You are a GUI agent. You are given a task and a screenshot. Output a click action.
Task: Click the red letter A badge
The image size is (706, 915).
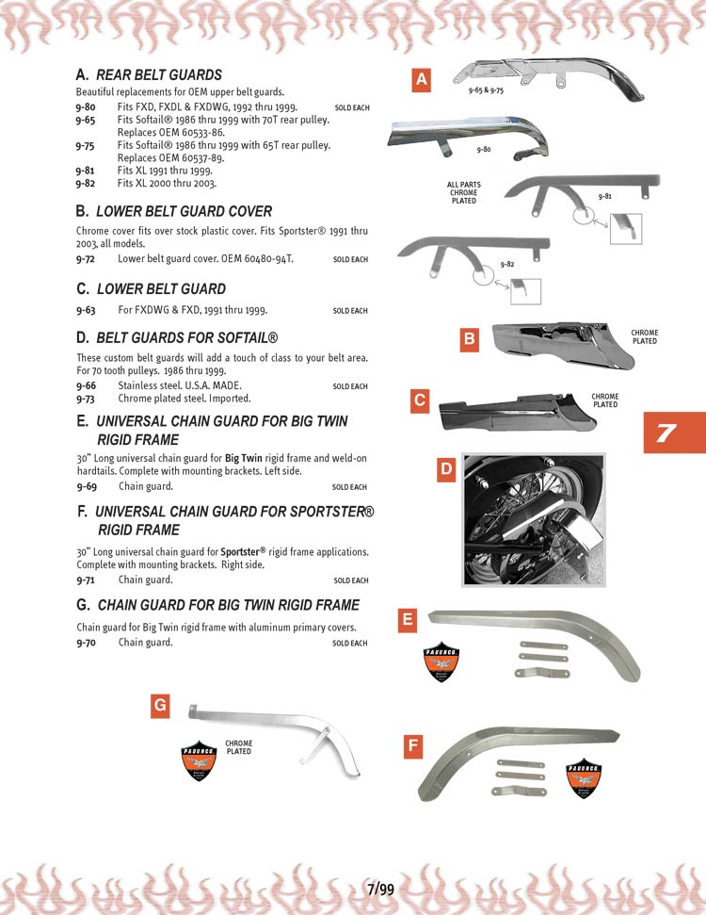422,81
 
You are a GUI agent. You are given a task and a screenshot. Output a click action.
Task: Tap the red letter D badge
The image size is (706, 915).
448,468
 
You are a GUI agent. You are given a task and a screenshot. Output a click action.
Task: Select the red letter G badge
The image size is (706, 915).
160,704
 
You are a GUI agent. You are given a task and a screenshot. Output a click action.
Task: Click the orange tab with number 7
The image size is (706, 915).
666,433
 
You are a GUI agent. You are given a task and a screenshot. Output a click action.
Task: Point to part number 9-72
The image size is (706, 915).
86,258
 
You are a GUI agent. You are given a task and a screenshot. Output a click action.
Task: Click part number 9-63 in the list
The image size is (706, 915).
86,310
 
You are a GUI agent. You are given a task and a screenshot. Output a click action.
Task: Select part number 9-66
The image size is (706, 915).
86,385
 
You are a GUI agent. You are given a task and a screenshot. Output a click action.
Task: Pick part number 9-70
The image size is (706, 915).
86,643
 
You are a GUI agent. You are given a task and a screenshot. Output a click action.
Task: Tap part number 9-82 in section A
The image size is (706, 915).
86,184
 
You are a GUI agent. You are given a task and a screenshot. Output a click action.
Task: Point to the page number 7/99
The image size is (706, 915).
380,890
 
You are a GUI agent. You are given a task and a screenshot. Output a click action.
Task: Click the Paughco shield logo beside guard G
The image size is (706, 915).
199,761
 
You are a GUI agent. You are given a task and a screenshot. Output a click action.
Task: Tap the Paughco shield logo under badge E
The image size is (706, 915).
441,661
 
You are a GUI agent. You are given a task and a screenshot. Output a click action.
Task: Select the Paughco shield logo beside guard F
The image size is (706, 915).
585,778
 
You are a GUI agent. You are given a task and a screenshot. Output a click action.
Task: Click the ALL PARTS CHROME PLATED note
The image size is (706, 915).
464,192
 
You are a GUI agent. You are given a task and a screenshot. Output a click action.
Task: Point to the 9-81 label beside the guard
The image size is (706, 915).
604,196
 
